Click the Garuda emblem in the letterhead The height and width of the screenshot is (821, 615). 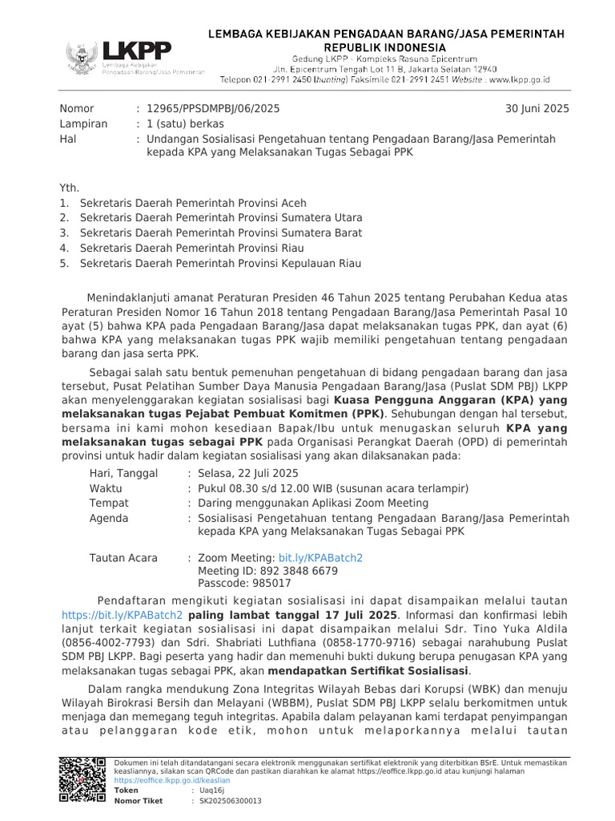[x=81, y=58]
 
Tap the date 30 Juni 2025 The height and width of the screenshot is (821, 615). [x=537, y=109]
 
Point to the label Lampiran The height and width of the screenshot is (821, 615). [x=82, y=124]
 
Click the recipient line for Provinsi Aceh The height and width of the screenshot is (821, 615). [x=193, y=203]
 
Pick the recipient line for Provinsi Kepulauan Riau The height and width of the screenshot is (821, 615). [x=220, y=264]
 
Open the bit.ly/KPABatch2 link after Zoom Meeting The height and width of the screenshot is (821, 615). [x=320, y=557]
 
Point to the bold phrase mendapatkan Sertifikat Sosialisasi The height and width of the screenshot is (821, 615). [x=369, y=671]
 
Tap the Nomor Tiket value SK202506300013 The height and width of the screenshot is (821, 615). [x=230, y=801]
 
